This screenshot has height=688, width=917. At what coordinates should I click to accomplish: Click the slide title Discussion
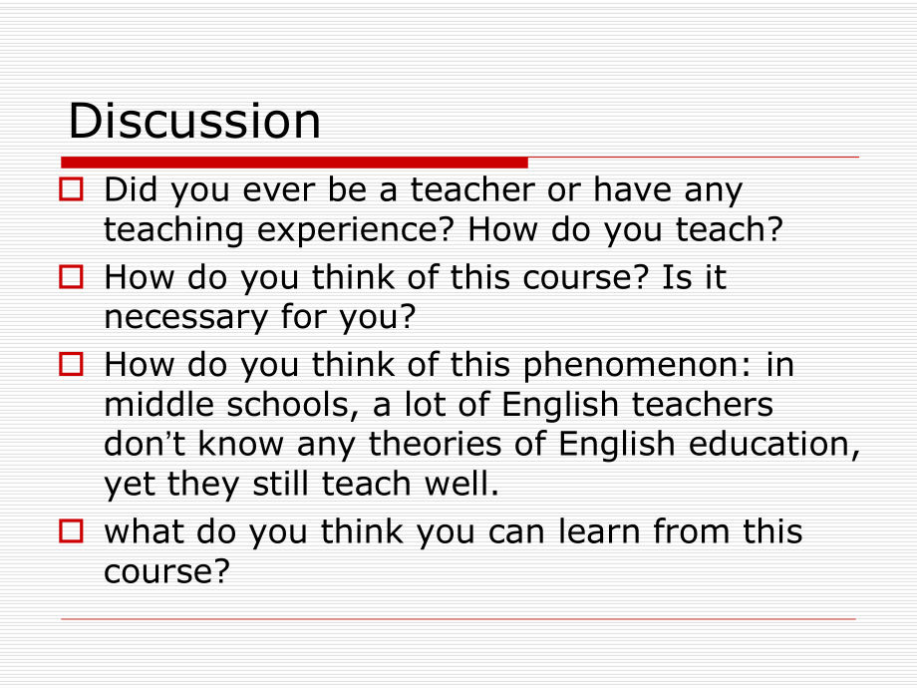point(194,122)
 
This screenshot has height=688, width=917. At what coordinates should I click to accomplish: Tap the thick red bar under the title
point(294,162)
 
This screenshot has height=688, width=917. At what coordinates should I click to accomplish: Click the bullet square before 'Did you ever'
point(71,188)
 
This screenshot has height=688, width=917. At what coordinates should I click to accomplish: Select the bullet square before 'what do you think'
point(71,530)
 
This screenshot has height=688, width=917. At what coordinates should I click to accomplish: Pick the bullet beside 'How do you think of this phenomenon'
point(71,365)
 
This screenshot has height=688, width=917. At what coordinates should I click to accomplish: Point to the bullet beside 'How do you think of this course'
point(71,276)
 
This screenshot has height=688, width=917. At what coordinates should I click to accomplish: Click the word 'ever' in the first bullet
point(282,189)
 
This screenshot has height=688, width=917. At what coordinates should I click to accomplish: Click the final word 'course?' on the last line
point(166,571)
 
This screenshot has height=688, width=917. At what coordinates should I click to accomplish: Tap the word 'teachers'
point(698,405)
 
